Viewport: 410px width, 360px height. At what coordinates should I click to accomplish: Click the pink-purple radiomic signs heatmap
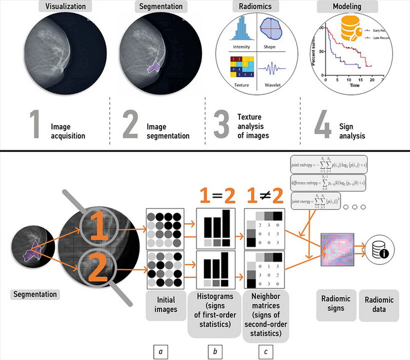click(339, 249)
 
